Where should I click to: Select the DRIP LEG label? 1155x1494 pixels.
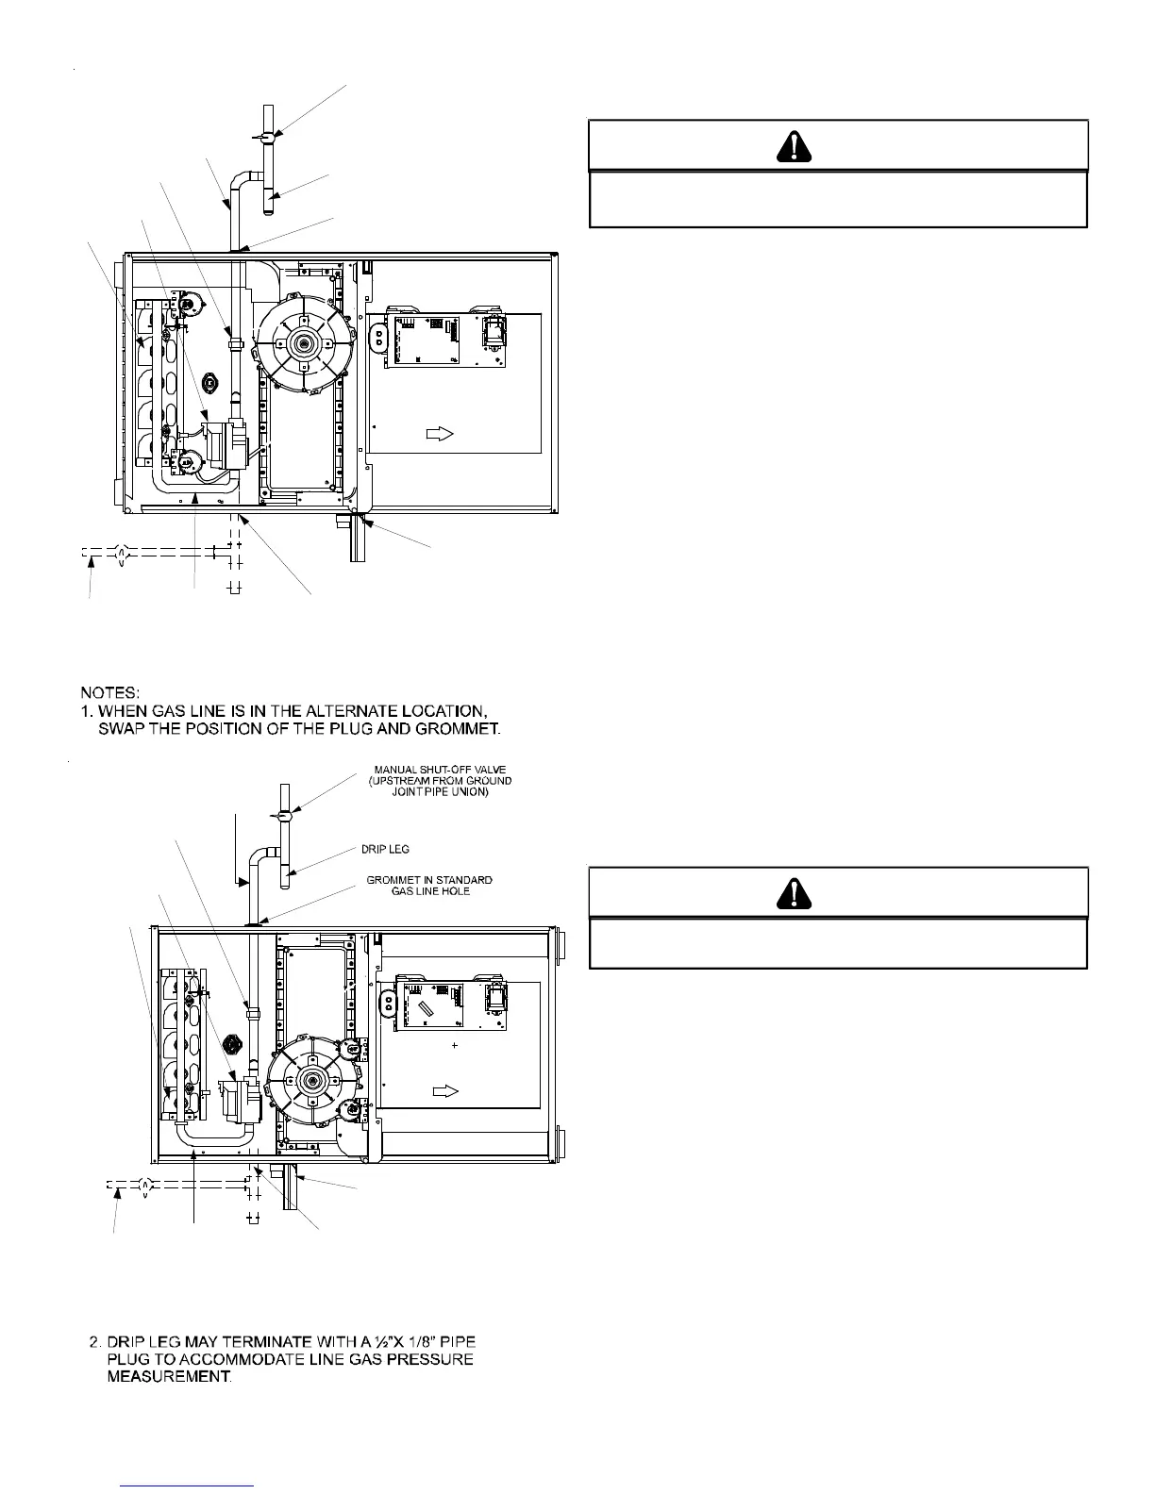(x=385, y=850)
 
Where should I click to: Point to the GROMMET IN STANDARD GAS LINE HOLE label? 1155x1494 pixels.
(x=429, y=886)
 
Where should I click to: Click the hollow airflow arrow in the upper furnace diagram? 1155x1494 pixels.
(x=441, y=433)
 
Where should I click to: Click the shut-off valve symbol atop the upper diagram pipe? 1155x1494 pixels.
(x=268, y=138)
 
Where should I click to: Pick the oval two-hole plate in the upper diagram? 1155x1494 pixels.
(x=380, y=339)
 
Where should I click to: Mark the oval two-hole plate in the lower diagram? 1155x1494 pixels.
(x=387, y=1003)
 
